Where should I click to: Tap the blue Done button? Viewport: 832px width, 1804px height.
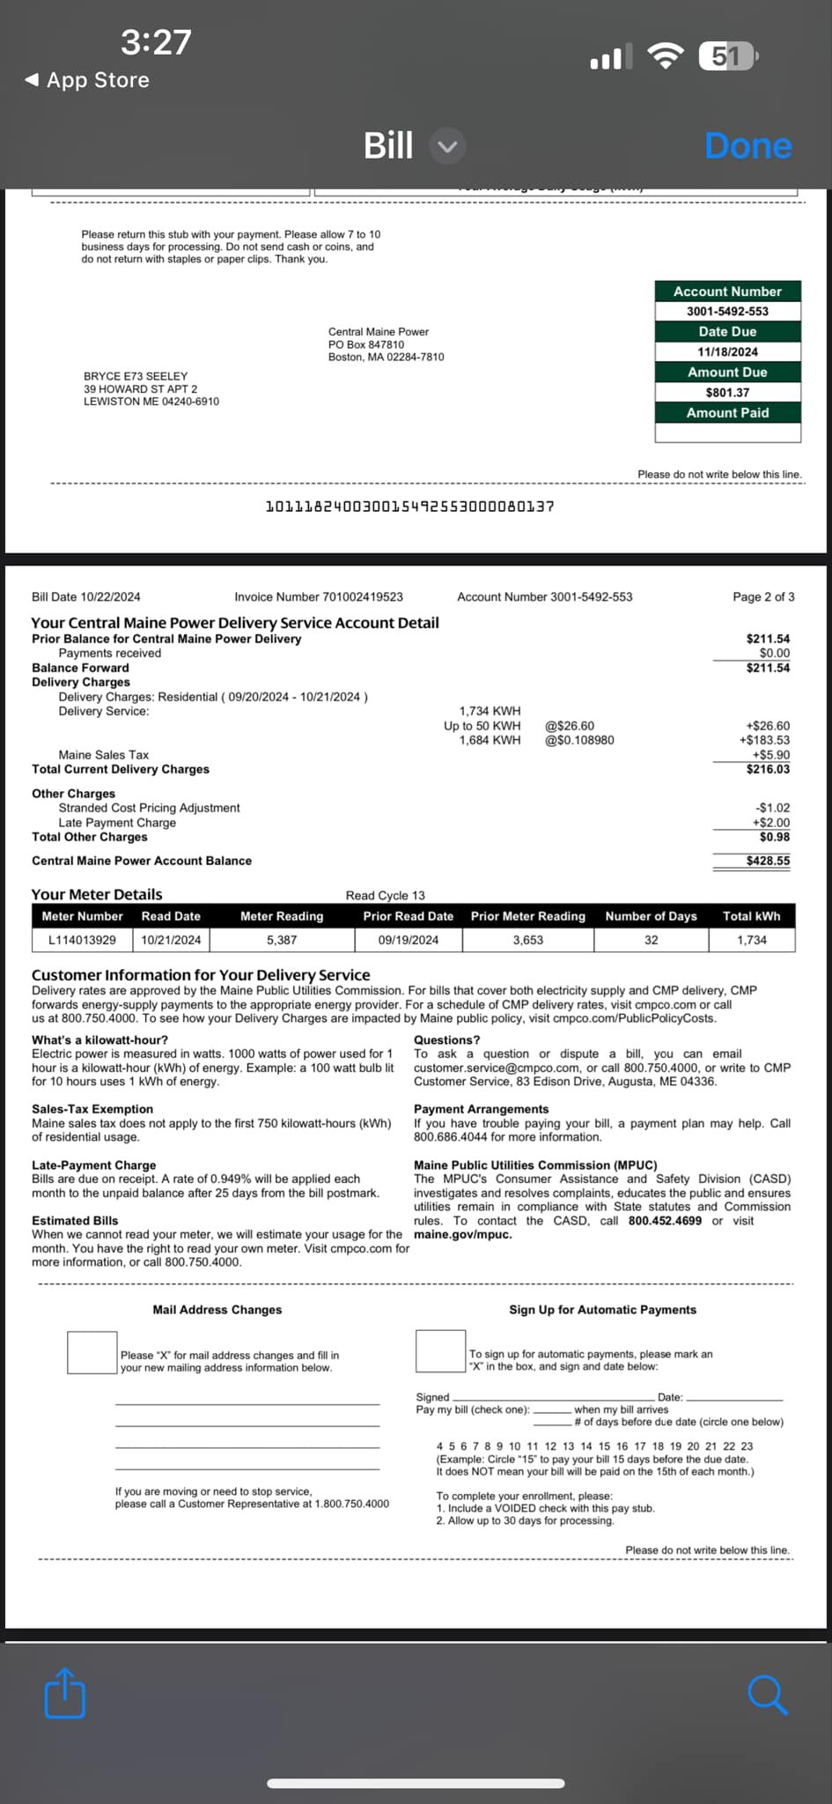(747, 146)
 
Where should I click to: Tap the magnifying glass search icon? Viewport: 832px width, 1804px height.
(767, 1695)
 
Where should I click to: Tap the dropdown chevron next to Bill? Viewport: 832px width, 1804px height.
(447, 146)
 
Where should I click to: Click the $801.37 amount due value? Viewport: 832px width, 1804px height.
(727, 393)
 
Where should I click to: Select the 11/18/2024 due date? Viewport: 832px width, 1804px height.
(727, 351)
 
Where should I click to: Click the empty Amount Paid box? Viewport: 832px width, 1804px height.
(727, 433)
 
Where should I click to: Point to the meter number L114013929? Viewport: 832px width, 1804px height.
(82, 940)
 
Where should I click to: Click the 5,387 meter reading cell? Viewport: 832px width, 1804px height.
(282, 940)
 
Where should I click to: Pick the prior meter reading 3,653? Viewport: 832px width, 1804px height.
(528, 940)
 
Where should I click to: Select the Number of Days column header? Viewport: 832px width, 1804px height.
(651, 916)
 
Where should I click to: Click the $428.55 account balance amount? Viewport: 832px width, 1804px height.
(768, 861)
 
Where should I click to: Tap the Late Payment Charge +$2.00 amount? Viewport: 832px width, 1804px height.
(770, 823)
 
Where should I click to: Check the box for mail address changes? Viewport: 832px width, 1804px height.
(92, 1352)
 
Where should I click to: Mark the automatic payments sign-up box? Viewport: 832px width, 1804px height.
(440, 1350)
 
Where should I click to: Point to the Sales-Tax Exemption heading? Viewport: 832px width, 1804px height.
(92, 1109)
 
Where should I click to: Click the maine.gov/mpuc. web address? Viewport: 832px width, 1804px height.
(463, 1234)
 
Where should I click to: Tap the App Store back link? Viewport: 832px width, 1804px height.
(87, 80)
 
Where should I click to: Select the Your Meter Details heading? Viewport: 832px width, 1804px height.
(97, 894)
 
